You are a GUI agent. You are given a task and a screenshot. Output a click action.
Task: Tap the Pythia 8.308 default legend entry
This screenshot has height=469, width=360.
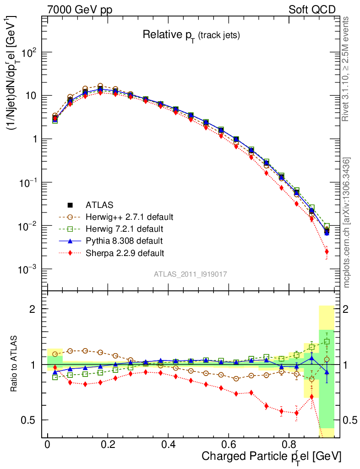(x=124, y=240)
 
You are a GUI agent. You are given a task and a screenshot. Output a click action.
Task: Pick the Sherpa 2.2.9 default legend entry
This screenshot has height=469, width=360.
(x=125, y=252)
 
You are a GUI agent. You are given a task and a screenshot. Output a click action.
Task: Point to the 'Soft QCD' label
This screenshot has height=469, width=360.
(x=312, y=10)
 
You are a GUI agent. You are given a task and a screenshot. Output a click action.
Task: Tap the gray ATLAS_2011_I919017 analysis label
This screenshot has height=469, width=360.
(x=191, y=274)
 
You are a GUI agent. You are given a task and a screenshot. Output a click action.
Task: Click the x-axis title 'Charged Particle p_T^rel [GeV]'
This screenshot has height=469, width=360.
(x=271, y=456)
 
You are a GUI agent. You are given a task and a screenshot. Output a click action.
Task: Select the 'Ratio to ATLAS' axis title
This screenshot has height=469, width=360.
(x=15, y=364)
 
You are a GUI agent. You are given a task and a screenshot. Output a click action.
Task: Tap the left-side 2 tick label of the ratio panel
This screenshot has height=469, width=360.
(x=34, y=309)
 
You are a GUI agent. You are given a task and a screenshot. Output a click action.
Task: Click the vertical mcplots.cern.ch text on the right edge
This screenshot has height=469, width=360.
(x=347, y=223)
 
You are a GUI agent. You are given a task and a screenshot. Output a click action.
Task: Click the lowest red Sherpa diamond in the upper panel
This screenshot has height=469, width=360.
(x=327, y=251)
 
